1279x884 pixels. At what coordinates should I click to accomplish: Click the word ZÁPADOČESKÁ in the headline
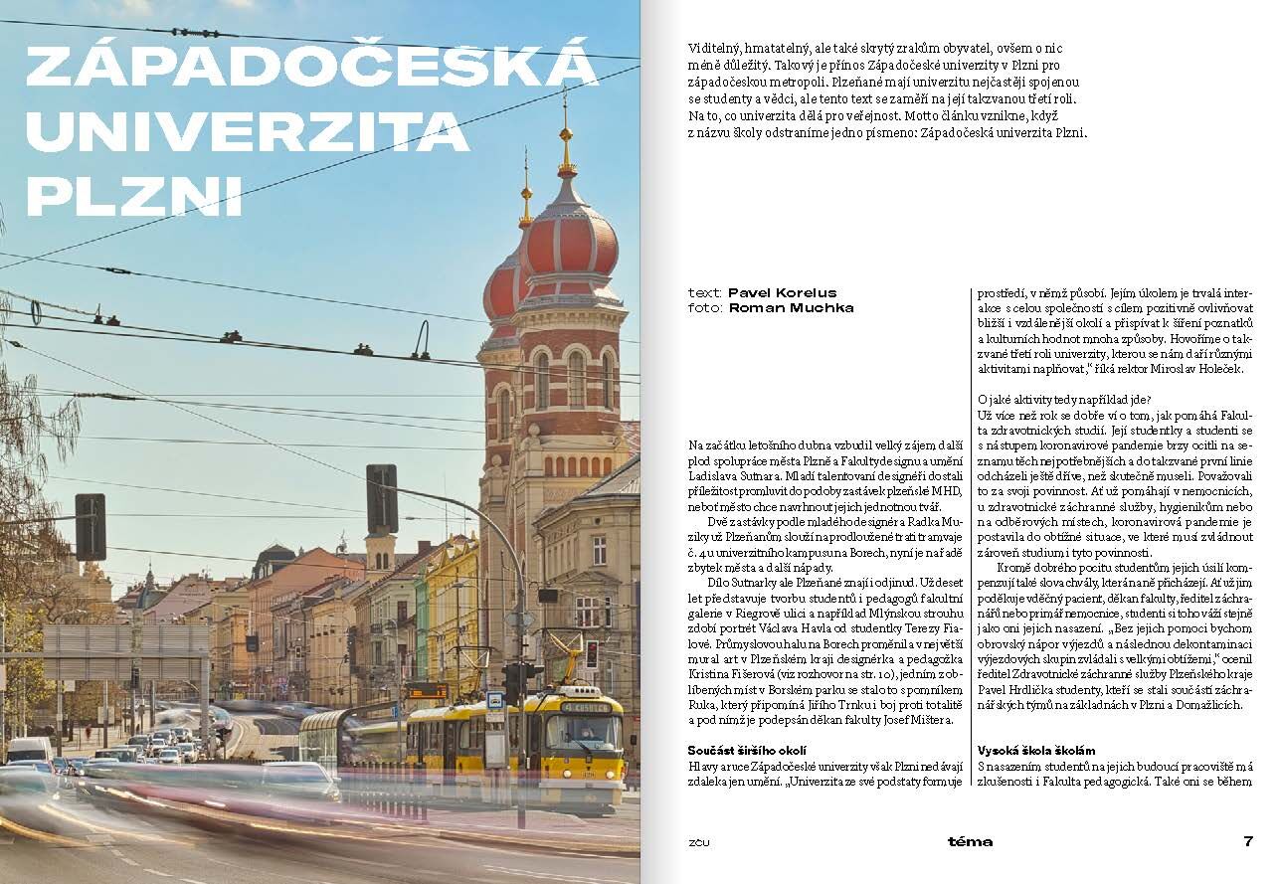[x=311, y=67]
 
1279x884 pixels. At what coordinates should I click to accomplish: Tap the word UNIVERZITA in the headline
[x=248, y=131]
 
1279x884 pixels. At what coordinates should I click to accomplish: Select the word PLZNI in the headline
[x=133, y=195]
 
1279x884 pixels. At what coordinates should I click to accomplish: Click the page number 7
[x=1248, y=841]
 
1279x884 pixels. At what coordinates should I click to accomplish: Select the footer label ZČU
[x=699, y=842]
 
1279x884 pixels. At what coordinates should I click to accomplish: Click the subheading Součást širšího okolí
[x=746, y=750]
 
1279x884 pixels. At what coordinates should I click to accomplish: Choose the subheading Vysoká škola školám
[x=1035, y=750]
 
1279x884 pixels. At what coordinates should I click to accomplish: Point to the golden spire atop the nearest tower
[x=566, y=134]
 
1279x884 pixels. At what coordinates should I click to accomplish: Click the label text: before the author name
[x=705, y=293]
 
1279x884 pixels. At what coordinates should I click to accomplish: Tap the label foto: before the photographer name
[x=705, y=308]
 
